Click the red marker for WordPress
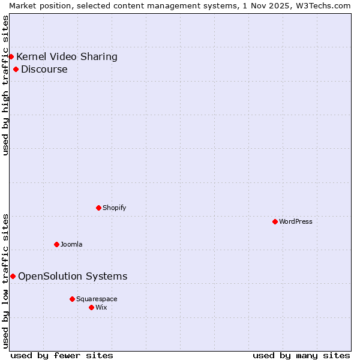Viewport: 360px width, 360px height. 275,221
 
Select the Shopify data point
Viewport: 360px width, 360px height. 98,208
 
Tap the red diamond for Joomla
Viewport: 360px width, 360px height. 56,244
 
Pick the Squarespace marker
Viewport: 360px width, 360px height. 72,299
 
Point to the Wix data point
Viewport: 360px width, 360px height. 91,307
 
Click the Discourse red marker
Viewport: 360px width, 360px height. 16,69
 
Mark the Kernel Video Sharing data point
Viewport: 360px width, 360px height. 11,56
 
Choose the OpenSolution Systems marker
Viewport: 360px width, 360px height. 13,276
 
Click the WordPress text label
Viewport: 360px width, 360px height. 296,221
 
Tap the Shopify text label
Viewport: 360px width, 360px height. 114,208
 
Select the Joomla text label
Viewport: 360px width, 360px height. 71,244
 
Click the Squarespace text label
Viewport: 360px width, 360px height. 97,299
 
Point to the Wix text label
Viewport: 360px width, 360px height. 101,307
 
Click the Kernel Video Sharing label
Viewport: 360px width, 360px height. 67,57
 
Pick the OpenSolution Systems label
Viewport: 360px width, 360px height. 73,276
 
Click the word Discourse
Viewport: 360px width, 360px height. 44,69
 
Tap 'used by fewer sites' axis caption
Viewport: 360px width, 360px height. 62,355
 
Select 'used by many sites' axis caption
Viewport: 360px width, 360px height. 301,355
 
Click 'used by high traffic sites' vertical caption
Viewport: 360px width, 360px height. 5,86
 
